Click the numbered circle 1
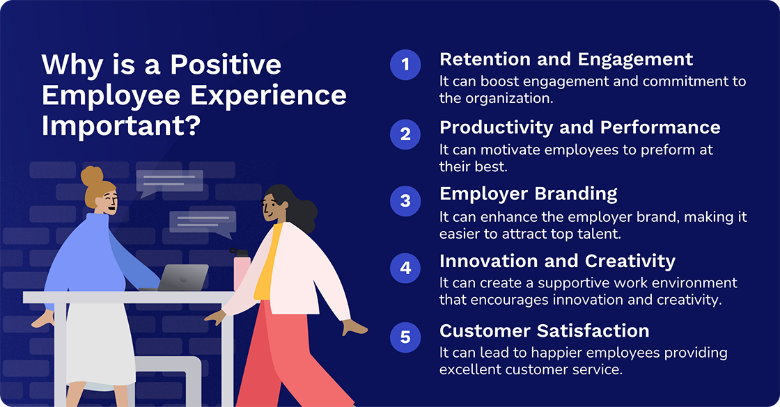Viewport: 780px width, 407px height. click(x=405, y=65)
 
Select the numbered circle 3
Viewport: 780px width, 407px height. click(x=405, y=200)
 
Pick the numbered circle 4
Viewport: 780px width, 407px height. click(x=405, y=268)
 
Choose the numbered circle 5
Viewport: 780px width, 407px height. click(x=405, y=337)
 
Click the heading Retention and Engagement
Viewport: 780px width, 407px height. click(x=565, y=59)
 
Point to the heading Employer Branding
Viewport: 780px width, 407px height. click(x=528, y=194)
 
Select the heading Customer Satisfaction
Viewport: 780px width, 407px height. click(x=544, y=330)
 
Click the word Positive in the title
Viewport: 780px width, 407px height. click(x=226, y=65)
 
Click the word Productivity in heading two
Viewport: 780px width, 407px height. click(x=494, y=127)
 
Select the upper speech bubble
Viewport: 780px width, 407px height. click(x=169, y=182)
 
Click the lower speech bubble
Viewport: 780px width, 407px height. click(x=203, y=223)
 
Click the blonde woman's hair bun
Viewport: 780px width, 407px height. click(x=91, y=176)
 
